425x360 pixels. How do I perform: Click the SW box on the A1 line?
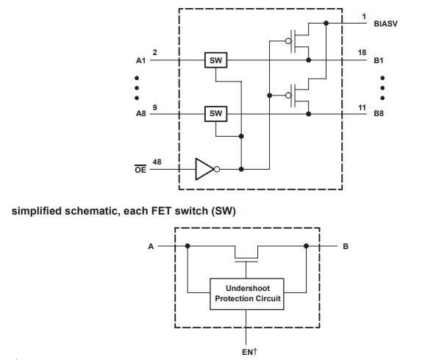click(215, 60)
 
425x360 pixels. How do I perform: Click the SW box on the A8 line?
click(215, 114)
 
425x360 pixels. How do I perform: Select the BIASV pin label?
click(385, 24)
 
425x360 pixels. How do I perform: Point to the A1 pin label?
click(140, 60)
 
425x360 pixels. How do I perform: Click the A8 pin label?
click(140, 113)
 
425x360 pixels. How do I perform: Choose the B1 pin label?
click(379, 60)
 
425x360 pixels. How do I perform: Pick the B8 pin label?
click(379, 113)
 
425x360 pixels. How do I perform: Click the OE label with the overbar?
click(140, 169)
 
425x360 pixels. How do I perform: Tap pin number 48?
click(157, 162)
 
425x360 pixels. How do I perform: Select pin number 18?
click(362, 53)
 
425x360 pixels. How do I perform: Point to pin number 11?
click(362, 108)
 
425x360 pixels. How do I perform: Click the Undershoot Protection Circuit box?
click(247, 294)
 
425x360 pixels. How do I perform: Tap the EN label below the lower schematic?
click(249, 352)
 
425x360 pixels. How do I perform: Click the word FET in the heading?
click(162, 211)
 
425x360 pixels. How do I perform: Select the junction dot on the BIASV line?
click(326, 24)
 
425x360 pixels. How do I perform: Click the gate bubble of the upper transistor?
click(288, 41)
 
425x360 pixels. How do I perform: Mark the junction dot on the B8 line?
click(308, 114)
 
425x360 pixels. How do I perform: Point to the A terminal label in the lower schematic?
click(151, 247)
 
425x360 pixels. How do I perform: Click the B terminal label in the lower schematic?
click(346, 247)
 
